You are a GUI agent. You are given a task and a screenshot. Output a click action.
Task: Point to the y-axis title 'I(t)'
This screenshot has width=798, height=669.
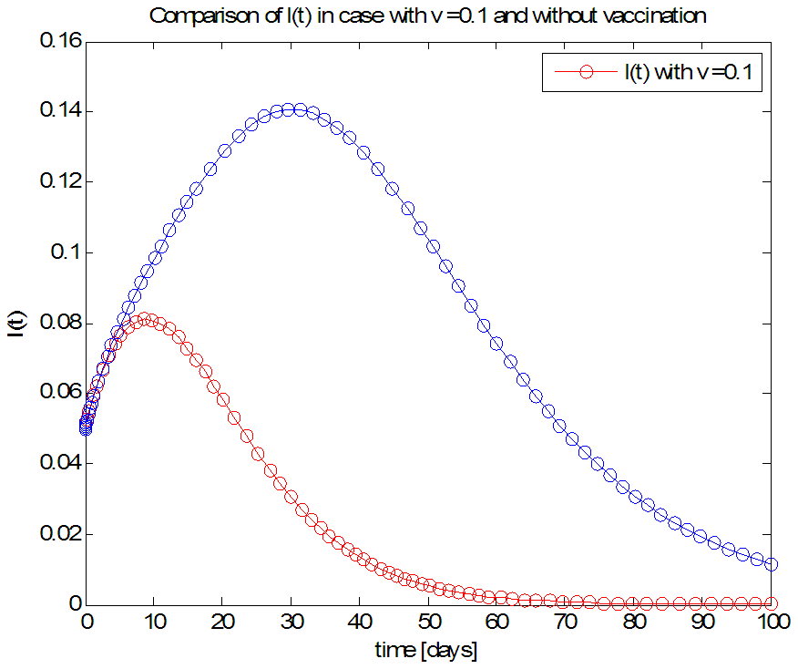click(x=15, y=323)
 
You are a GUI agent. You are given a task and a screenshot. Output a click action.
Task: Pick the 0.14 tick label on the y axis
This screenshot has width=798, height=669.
click(x=58, y=112)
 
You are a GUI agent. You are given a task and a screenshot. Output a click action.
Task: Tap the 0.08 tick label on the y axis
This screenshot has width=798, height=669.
click(x=58, y=324)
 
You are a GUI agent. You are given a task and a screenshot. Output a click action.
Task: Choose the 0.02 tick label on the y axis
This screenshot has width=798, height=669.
click(x=58, y=534)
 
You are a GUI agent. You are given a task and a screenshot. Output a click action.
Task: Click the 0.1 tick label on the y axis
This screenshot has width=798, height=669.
click(x=66, y=252)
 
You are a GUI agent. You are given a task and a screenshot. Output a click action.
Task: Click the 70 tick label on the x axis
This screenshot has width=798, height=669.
click(x=567, y=623)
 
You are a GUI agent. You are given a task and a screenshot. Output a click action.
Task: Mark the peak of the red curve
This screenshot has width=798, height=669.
click(x=145, y=319)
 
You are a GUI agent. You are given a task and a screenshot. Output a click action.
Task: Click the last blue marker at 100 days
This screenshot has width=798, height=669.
click(x=772, y=564)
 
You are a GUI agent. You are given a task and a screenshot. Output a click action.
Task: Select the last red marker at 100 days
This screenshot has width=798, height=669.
click(x=772, y=603)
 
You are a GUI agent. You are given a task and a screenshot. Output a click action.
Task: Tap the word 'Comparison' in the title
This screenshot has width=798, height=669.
click(x=193, y=16)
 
